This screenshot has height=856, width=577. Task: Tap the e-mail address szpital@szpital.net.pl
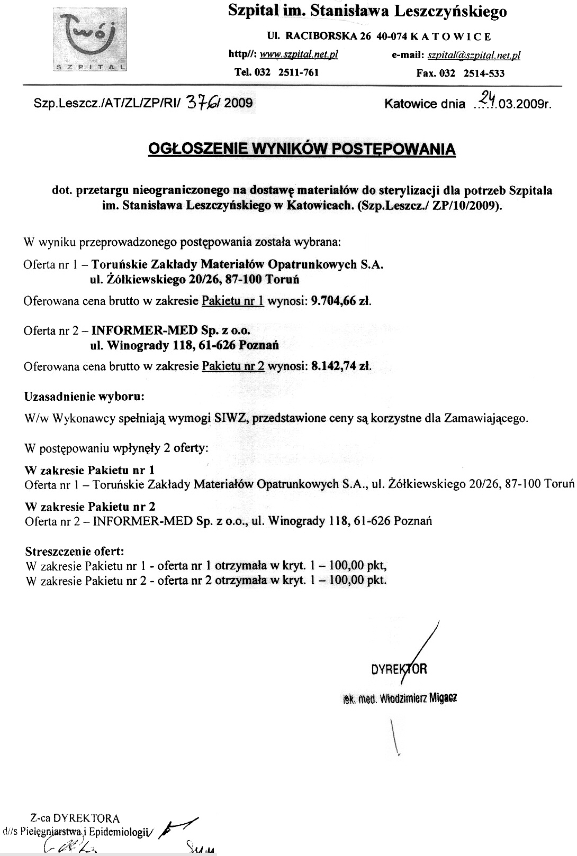tap(474, 55)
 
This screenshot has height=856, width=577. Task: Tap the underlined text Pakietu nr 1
tap(233, 301)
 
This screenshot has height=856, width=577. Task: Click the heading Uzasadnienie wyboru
tap(84, 396)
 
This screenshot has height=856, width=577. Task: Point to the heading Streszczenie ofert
tap(75, 551)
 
